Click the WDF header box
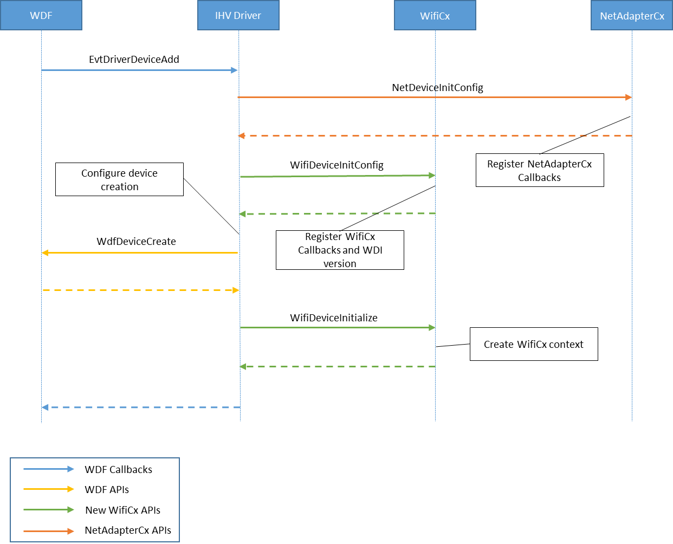(x=41, y=15)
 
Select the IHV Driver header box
(x=238, y=15)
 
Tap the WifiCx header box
(x=435, y=15)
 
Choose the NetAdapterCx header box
(x=632, y=15)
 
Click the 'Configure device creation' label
(x=119, y=179)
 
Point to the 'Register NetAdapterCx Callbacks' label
(x=540, y=171)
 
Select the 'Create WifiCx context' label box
(x=534, y=344)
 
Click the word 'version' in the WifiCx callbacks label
(x=340, y=264)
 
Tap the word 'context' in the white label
(x=566, y=345)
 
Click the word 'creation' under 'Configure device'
(x=120, y=187)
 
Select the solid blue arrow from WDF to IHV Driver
(x=140, y=70)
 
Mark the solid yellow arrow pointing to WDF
(x=140, y=252)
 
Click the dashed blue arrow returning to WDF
(x=141, y=407)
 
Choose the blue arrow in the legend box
(x=48, y=469)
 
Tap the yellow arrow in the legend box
(x=48, y=489)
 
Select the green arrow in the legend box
(x=48, y=509)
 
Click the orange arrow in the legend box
(x=48, y=531)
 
